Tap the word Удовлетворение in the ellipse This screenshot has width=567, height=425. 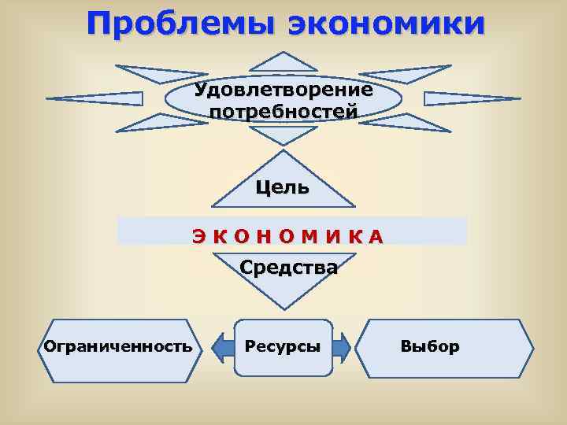pyautogui.click(x=283, y=89)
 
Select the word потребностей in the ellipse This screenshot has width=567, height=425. pyautogui.click(x=283, y=111)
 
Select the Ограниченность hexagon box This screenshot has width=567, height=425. pyautogui.click(x=118, y=346)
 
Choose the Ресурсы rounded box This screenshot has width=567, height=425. pyautogui.click(x=283, y=346)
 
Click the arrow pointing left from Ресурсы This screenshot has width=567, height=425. pyautogui.click(x=222, y=346)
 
